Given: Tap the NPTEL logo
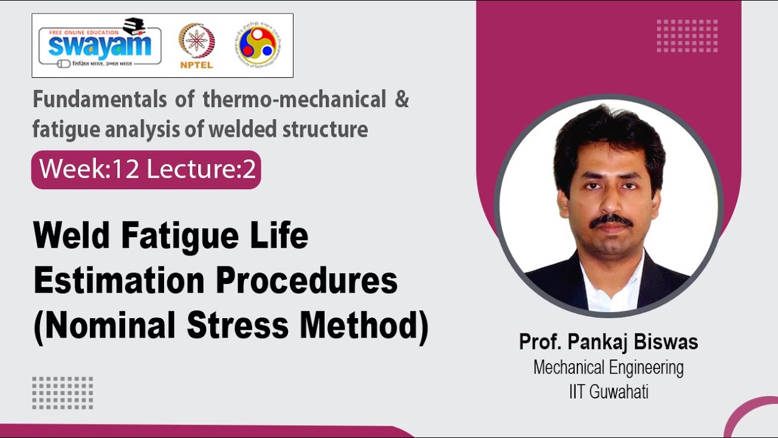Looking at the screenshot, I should [x=196, y=46].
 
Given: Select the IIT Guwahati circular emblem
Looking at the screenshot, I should [x=259, y=45].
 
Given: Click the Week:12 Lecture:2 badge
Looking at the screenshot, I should [x=146, y=170].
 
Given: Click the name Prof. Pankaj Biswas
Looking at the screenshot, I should [x=608, y=342].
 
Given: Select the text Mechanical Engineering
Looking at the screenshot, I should [x=608, y=367].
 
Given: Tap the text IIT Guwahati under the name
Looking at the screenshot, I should [x=608, y=392].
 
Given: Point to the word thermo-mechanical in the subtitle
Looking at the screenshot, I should [x=295, y=100].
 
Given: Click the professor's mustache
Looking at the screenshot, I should [x=611, y=220].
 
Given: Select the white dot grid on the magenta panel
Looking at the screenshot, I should [x=687, y=36].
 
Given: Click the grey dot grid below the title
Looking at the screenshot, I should [x=63, y=392].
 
